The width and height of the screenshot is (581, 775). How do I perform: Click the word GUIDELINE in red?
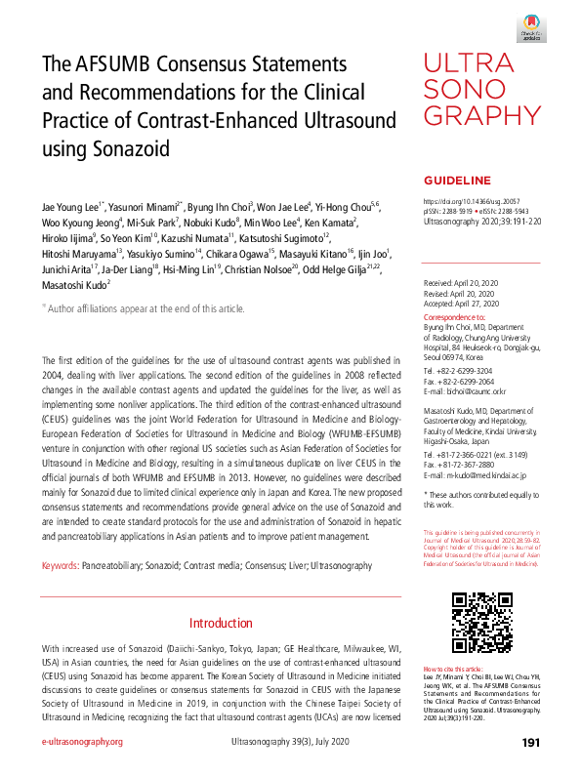tap(456, 182)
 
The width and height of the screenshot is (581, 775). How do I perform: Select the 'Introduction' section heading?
tap(221, 623)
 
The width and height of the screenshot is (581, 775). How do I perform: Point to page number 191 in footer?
tap(531, 743)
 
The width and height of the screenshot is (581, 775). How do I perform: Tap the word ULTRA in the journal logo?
tap(470, 65)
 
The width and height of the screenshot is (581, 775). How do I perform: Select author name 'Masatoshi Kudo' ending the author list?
tap(74, 285)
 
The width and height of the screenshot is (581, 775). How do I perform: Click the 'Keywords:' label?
tap(61, 566)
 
